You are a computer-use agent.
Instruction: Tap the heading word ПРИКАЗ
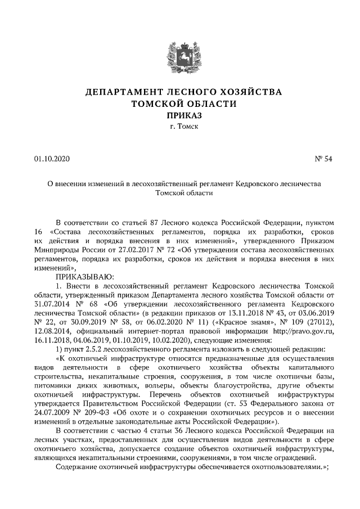(179, 115)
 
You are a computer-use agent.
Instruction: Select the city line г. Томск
(179, 127)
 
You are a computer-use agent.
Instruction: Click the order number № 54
(323, 159)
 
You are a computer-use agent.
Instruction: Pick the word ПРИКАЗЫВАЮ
(84, 276)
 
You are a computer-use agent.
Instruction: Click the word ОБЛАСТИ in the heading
(209, 103)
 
